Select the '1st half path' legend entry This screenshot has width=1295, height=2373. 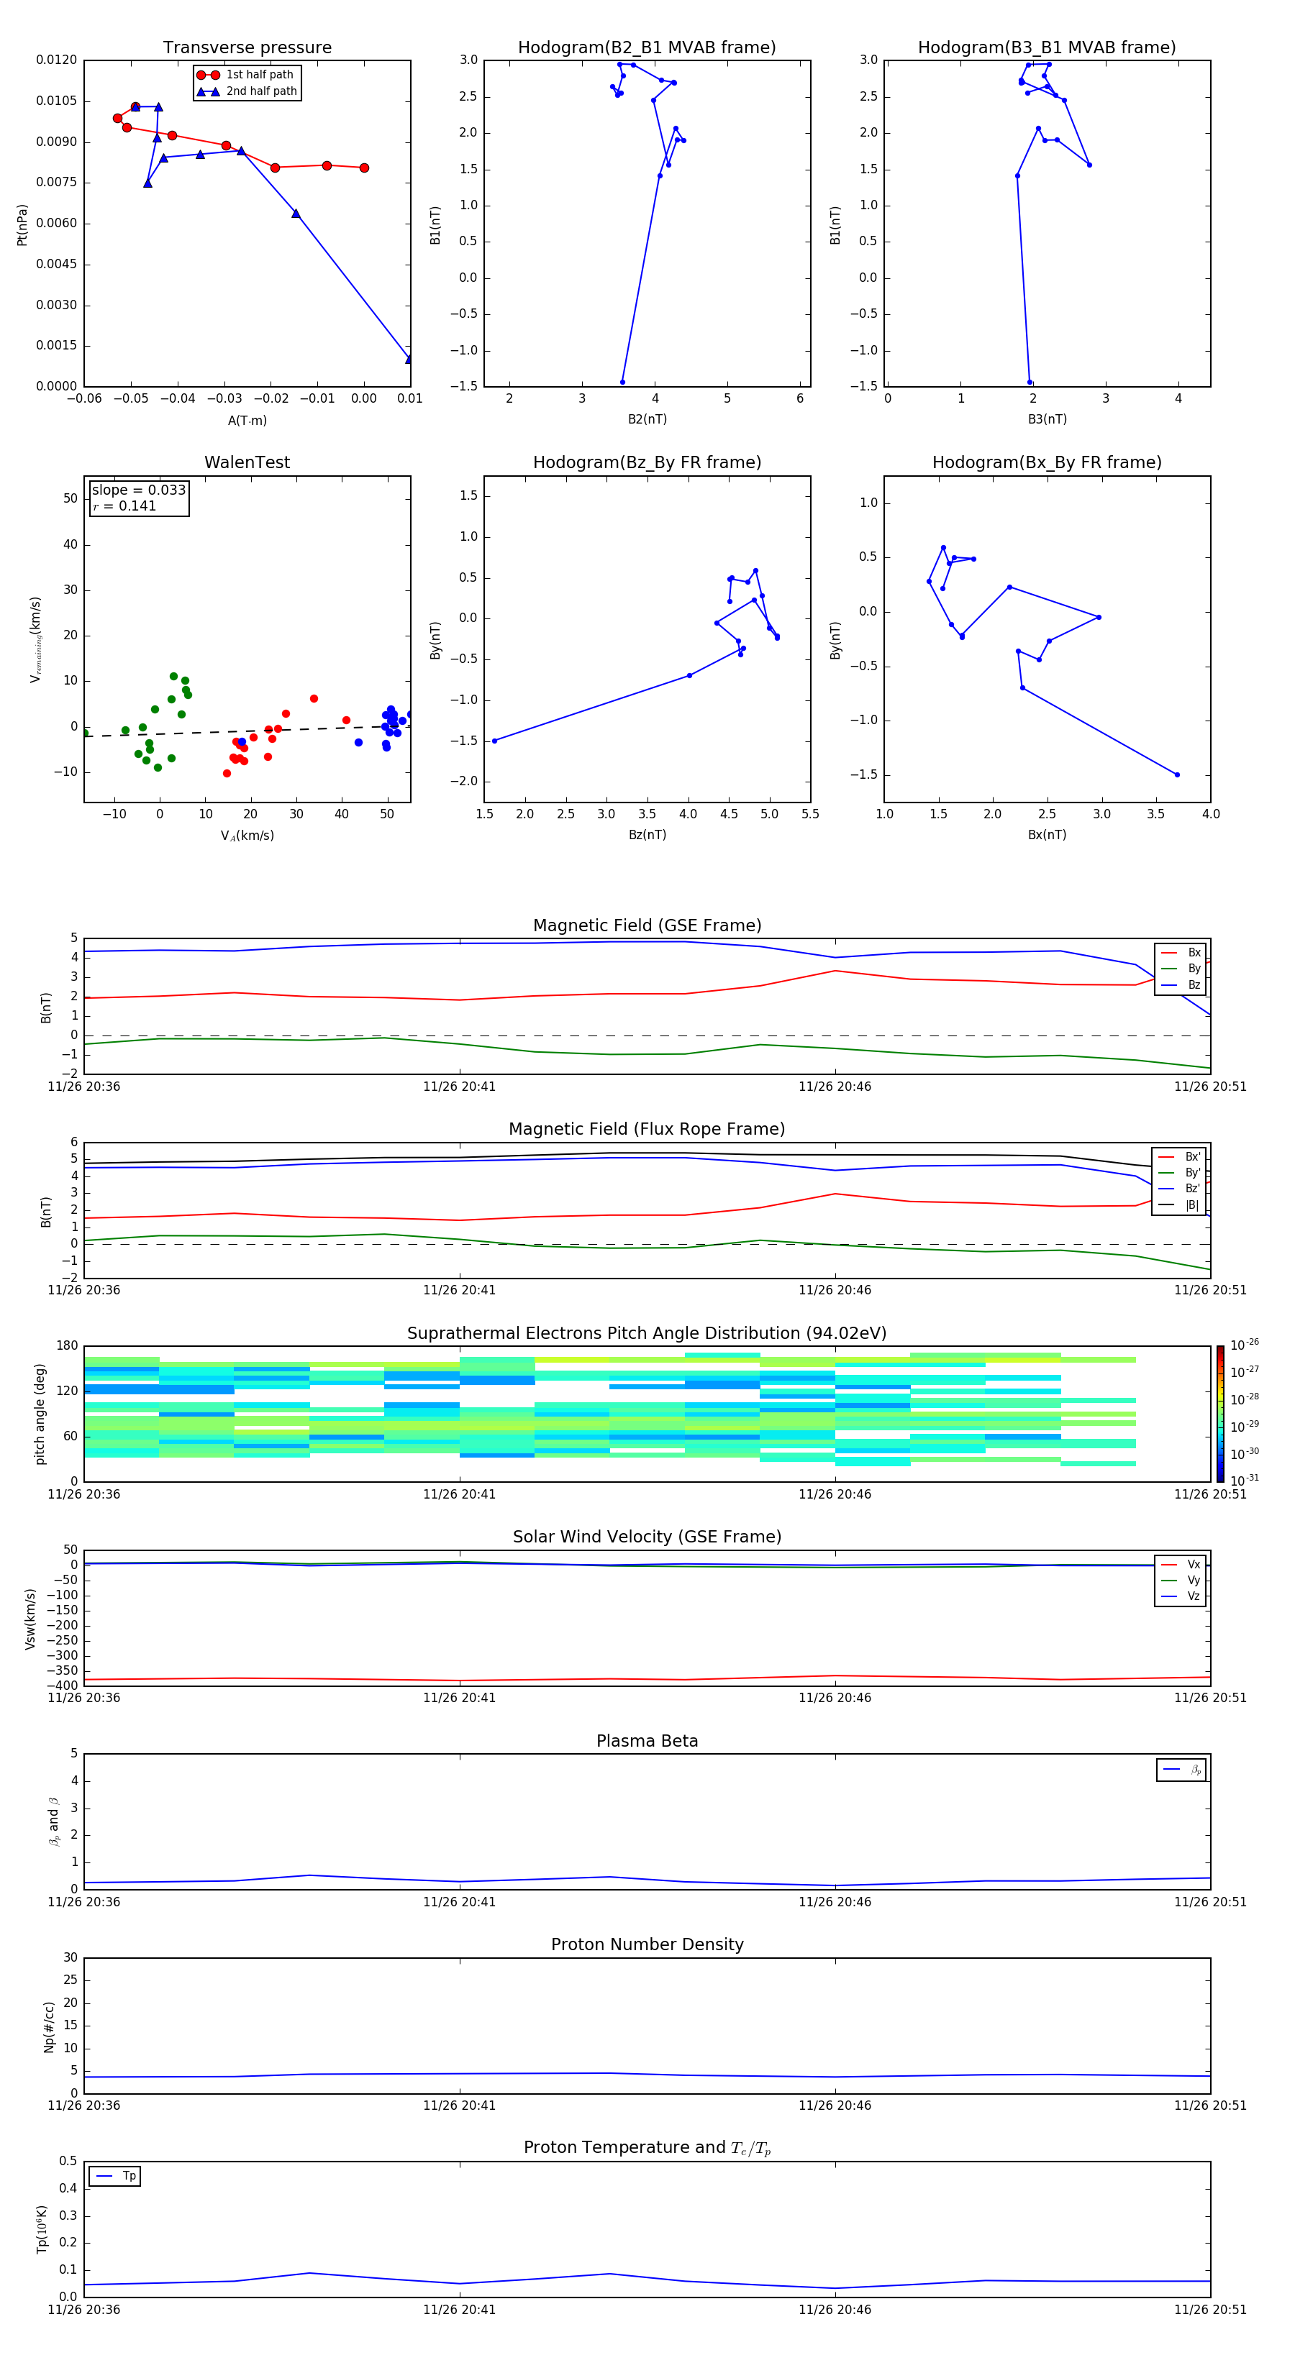point(259,75)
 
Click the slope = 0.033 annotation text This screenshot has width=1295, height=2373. point(138,490)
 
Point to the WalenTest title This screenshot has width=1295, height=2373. point(247,462)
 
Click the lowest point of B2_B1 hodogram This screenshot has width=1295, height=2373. point(622,381)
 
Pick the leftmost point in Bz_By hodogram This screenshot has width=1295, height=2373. point(494,741)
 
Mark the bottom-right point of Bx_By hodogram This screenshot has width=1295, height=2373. point(1177,774)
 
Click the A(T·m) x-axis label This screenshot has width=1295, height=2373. point(247,421)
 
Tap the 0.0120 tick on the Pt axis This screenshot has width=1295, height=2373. point(56,60)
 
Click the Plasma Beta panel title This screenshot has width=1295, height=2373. point(647,1741)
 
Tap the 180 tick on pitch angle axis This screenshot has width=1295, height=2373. point(66,1346)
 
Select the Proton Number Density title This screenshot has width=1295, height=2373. point(647,1944)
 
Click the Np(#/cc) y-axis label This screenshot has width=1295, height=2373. point(50,2026)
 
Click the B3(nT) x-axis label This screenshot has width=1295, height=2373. point(1047,419)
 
